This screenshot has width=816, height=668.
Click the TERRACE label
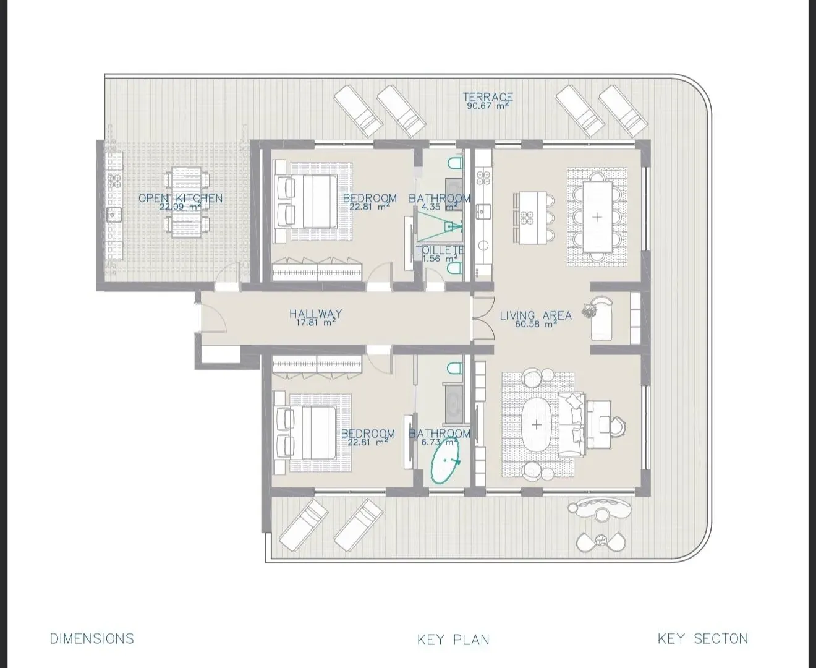tap(488, 96)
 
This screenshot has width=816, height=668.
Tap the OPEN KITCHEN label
tap(181, 199)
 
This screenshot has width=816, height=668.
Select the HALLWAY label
tap(316, 314)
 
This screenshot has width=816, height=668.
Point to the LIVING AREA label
tap(536, 315)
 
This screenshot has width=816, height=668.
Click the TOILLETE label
tap(440, 250)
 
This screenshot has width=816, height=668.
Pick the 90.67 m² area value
tap(487, 106)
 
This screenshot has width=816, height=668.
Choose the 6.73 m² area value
tap(439, 442)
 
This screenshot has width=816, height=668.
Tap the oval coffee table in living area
tap(537, 425)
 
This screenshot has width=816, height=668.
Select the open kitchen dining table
tap(187, 202)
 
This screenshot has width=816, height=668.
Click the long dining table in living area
tap(597, 217)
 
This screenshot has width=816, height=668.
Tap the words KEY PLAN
tap(453, 640)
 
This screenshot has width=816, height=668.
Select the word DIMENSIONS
tap(92, 638)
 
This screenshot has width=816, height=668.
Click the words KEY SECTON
tap(703, 638)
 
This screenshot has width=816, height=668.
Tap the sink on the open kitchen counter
tap(114, 215)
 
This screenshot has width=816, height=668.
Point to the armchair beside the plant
tap(601, 319)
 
